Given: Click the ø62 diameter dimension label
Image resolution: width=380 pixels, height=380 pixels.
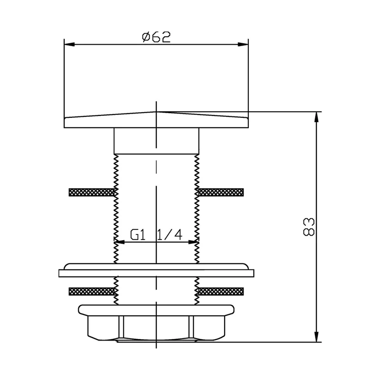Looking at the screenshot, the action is pos(156,37).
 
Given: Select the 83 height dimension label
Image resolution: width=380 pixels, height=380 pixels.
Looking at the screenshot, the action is pos(309,227).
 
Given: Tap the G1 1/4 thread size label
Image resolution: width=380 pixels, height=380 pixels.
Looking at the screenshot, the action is pos(156,235).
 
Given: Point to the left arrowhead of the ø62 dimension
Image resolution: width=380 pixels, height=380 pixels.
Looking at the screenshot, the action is pos(69,44).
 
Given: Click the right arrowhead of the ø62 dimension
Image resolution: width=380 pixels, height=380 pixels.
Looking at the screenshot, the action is pos(243,44).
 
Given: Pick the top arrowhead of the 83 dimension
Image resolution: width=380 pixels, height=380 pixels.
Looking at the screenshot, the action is pos(316,117).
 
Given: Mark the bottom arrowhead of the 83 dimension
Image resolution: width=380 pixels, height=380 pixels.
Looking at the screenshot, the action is pos(316,337).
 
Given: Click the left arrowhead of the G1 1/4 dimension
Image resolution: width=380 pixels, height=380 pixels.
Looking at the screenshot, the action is pos(119,242).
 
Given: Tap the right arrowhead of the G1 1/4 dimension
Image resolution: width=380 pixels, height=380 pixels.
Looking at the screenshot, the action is pos(194,242).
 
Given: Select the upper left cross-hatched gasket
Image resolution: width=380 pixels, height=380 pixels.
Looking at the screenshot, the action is pos(92,192).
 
